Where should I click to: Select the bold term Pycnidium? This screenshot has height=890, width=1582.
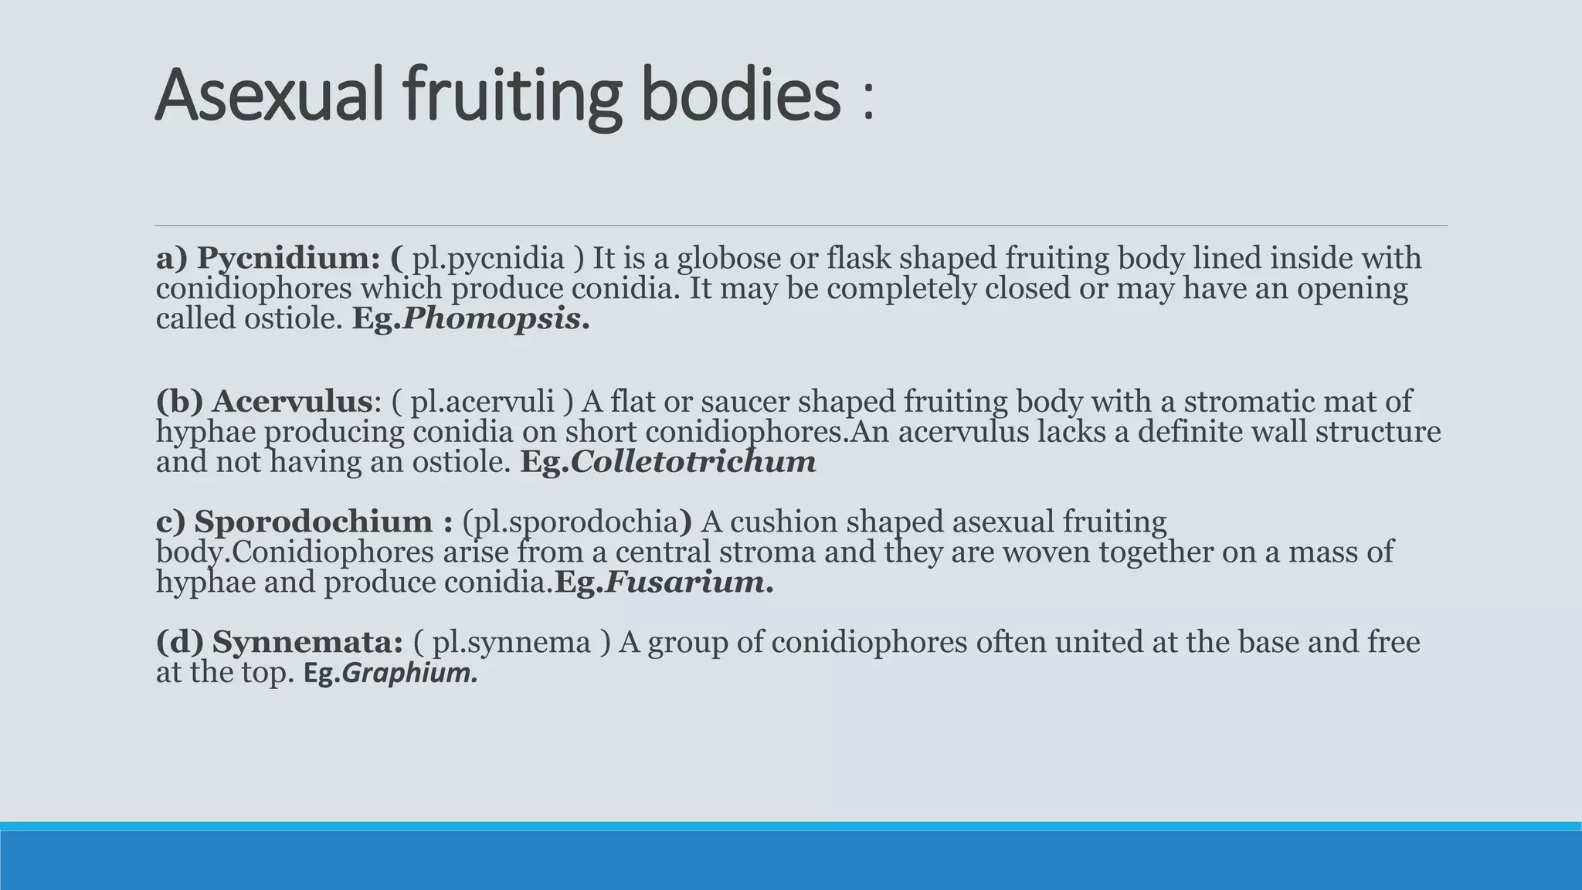click(x=287, y=258)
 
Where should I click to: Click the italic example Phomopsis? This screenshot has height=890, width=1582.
click(x=491, y=318)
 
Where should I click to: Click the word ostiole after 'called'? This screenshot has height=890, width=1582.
click(x=293, y=318)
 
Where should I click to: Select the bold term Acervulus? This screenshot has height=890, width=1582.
click(x=292, y=402)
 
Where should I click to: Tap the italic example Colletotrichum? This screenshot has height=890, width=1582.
click(x=693, y=462)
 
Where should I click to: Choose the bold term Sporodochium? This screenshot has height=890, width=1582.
click(x=313, y=521)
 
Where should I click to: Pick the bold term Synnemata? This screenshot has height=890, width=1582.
click(x=307, y=642)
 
